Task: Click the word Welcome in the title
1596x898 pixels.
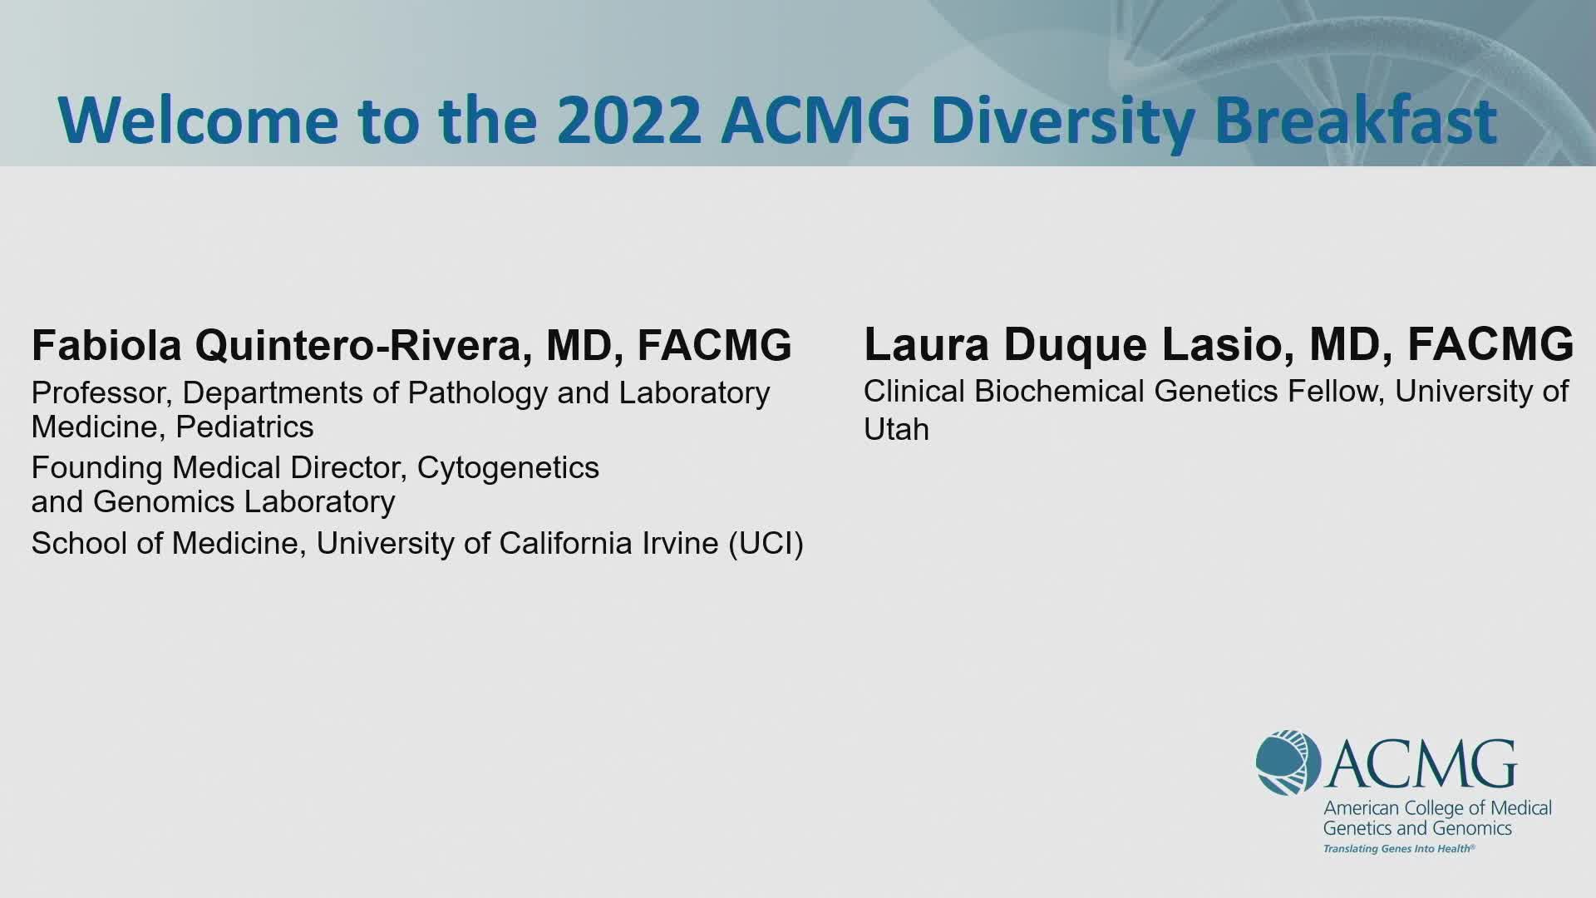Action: tap(198, 121)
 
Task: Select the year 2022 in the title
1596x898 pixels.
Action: tap(628, 121)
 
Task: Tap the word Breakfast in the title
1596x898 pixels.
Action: tap(1356, 121)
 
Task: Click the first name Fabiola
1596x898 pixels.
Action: tap(106, 345)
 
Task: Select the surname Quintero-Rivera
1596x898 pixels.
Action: tap(363, 346)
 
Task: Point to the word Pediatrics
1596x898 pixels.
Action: tap(245, 427)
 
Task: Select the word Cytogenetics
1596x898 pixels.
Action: tap(508, 468)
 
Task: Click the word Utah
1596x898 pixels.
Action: tap(896, 429)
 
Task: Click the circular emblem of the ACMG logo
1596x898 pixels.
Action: tap(1288, 762)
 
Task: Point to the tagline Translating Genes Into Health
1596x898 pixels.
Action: tap(1399, 849)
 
